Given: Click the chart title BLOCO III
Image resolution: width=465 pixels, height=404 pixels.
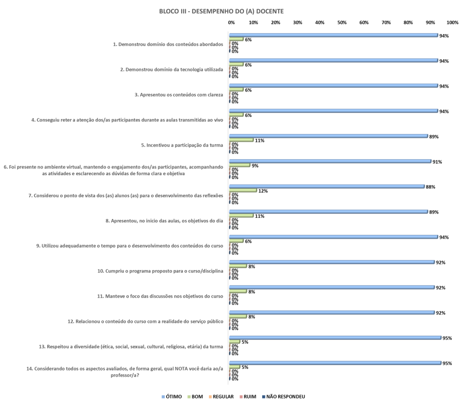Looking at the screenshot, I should [222, 11].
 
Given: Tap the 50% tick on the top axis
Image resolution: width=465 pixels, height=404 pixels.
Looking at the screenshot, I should [342, 22].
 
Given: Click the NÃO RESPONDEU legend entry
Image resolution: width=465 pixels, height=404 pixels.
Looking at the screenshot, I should [284, 397].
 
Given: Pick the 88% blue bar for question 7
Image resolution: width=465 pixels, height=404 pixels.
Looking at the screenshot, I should [327, 187].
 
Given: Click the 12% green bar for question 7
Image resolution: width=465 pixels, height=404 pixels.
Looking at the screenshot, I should [243, 191].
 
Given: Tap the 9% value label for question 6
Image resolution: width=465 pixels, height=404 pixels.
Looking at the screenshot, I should [255, 166].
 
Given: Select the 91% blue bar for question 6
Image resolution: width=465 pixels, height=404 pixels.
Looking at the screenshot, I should [330, 161].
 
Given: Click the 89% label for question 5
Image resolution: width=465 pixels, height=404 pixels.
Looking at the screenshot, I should [434, 136].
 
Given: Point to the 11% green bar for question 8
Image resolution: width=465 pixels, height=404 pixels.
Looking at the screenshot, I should [242, 216].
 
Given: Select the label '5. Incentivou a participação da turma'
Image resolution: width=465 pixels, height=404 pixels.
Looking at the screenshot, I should [182, 145].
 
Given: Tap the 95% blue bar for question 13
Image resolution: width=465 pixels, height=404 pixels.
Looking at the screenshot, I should [335, 338].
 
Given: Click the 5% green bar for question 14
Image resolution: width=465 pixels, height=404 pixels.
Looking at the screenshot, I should [235, 367].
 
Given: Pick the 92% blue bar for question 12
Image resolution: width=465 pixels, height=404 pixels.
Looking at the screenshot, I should [332, 313].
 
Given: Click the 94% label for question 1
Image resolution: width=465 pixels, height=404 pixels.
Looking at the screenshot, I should [444, 35].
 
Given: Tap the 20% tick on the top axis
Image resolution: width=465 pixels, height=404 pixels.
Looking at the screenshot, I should [275, 22].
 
